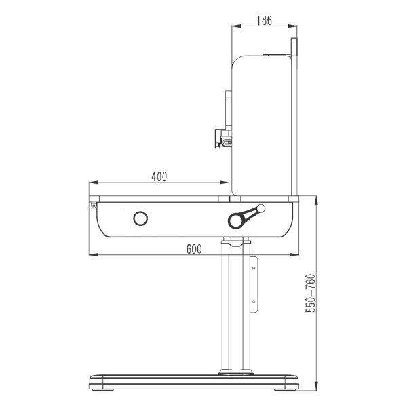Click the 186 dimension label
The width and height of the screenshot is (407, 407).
point(265,20)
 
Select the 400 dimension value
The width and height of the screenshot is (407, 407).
point(159,176)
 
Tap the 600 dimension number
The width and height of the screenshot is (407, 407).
point(194,249)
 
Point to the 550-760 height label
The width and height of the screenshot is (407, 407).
point(311,293)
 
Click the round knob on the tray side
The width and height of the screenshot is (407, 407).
point(140,218)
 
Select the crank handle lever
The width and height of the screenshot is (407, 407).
point(246,217)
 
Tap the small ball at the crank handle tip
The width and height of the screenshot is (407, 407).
point(261,208)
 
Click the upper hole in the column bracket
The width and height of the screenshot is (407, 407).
point(254,268)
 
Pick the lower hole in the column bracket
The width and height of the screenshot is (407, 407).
point(254,301)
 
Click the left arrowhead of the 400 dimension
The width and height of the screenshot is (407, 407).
point(94,182)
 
